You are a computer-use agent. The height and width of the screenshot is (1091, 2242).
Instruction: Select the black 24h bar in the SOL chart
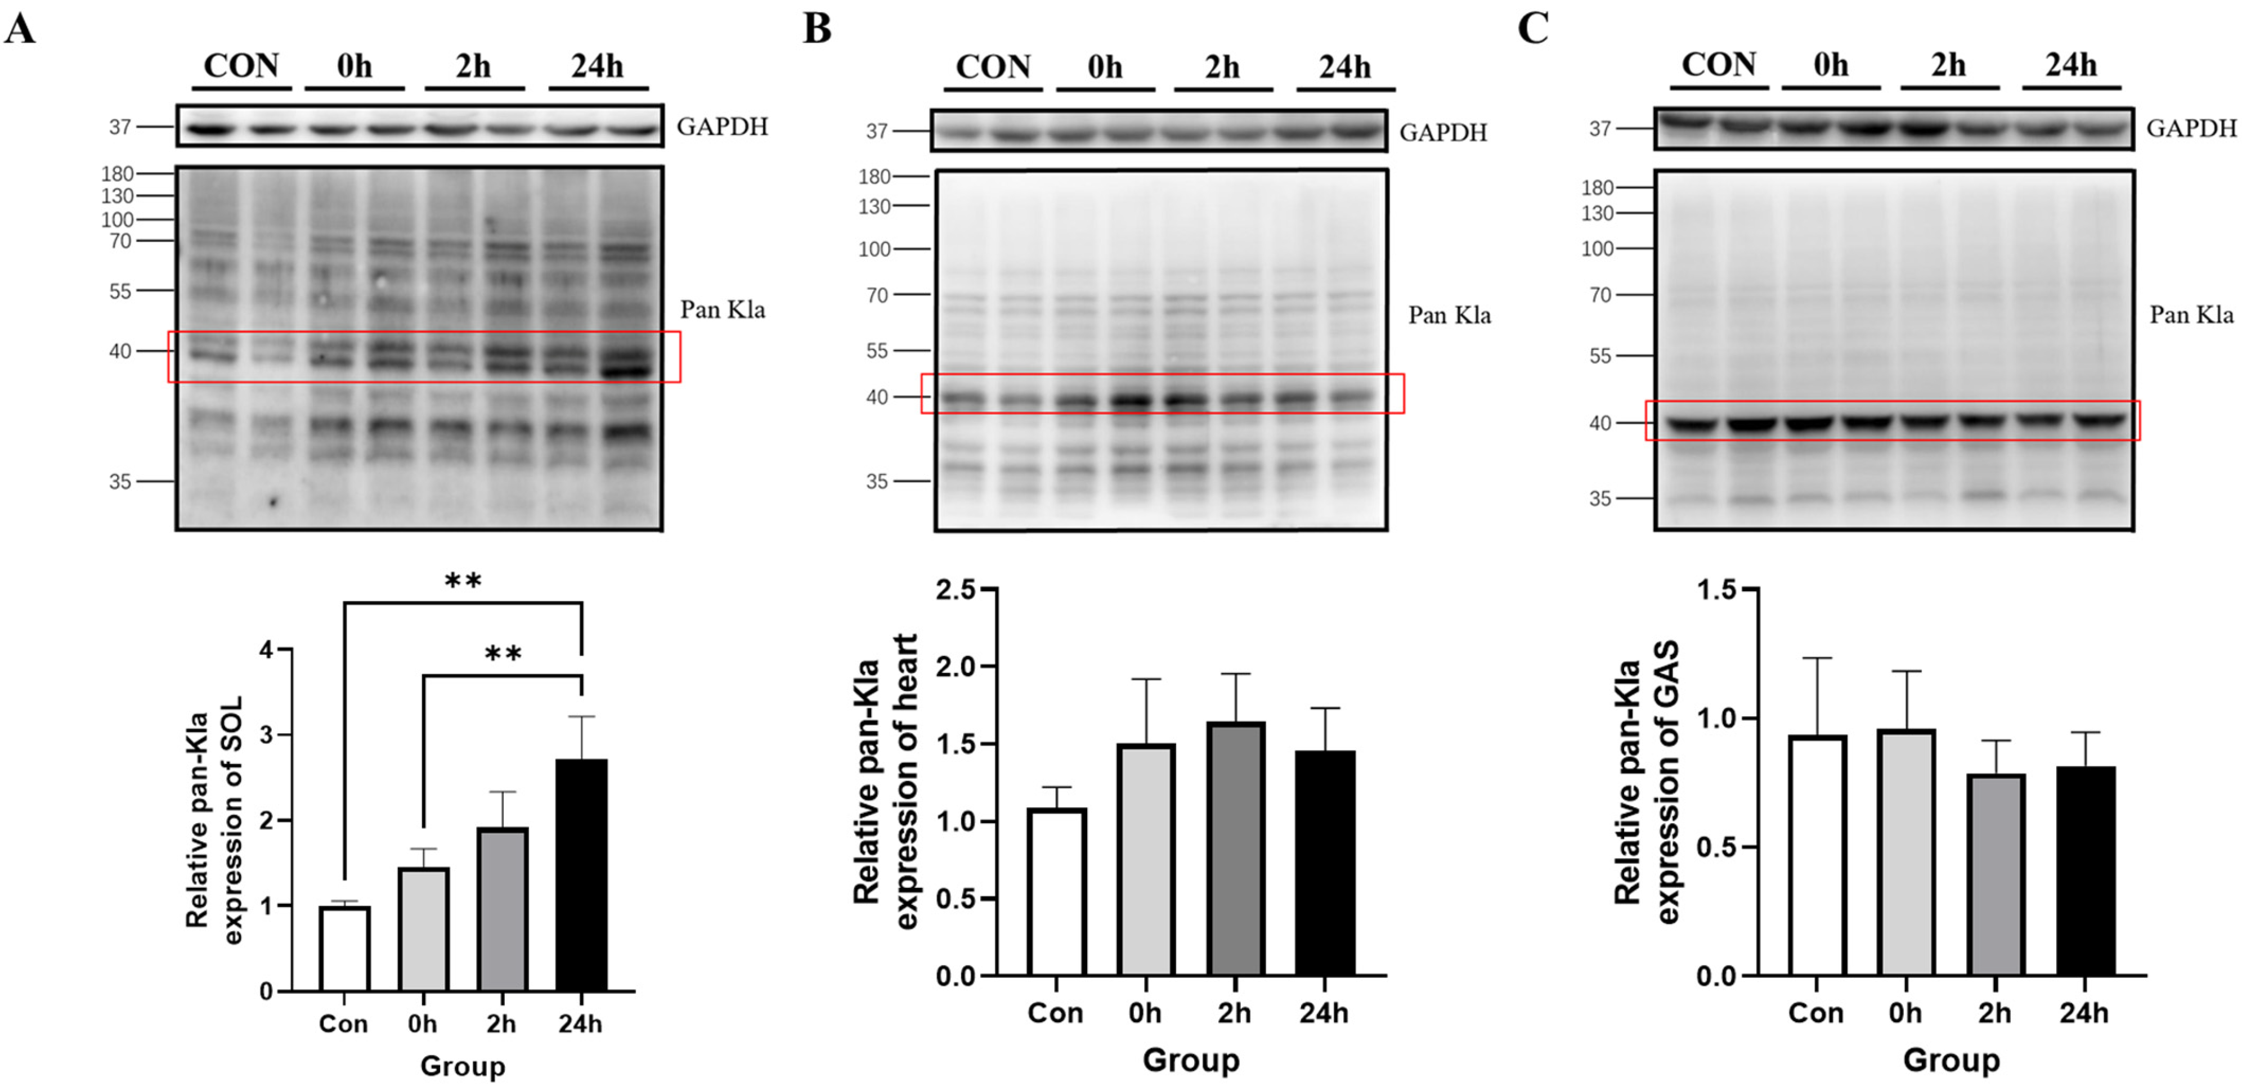coord(581,874)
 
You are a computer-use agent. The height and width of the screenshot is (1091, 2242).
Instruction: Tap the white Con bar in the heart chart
coord(1057,892)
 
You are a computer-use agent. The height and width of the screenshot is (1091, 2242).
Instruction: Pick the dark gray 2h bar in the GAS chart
coord(1997,874)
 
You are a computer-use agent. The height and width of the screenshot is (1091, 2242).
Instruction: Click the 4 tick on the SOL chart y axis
coord(266,650)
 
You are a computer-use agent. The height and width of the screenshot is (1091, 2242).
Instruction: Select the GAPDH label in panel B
coord(1442,132)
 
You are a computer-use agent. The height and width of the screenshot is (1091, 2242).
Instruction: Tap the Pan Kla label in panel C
coord(2191,315)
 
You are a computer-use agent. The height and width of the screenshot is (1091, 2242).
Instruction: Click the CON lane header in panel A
coord(240,66)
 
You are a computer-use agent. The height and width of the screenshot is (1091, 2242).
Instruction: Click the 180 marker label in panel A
coord(116,174)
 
